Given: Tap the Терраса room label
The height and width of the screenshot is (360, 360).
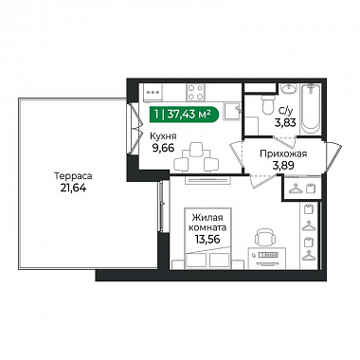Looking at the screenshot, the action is (x=73, y=175).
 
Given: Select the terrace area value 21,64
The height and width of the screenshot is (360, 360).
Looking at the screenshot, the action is (x=73, y=188).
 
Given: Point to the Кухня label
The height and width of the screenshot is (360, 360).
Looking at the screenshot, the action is (x=163, y=136).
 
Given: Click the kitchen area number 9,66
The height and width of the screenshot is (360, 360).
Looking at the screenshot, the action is (x=163, y=148).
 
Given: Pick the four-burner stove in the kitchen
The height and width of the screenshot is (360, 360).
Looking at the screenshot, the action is (x=195, y=92).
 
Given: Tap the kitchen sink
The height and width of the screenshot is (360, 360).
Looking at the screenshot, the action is (x=233, y=111).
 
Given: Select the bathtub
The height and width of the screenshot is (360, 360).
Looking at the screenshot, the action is (x=311, y=109).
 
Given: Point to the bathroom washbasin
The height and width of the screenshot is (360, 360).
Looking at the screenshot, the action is (x=288, y=88).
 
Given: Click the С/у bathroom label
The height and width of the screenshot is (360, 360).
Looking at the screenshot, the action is (x=285, y=111).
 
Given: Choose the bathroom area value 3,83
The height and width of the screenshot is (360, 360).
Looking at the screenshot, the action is (x=285, y=122).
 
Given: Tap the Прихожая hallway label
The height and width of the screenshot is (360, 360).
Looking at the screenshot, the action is (x=283, y=153).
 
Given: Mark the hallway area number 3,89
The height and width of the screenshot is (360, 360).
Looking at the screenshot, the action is (x=283, y=165).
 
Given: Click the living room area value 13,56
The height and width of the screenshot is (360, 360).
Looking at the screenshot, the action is (x=207, y=239).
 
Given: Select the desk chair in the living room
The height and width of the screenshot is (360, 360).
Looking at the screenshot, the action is (x=263, y=237).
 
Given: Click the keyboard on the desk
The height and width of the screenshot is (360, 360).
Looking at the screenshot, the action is (x=267, y=255).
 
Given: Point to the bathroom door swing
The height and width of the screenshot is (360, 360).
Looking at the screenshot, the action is (x=284, y=142).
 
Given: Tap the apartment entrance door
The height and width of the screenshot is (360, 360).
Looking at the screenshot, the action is (x=333, y=157).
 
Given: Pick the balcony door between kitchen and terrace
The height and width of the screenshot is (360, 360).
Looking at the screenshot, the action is (x=134, y=129).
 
